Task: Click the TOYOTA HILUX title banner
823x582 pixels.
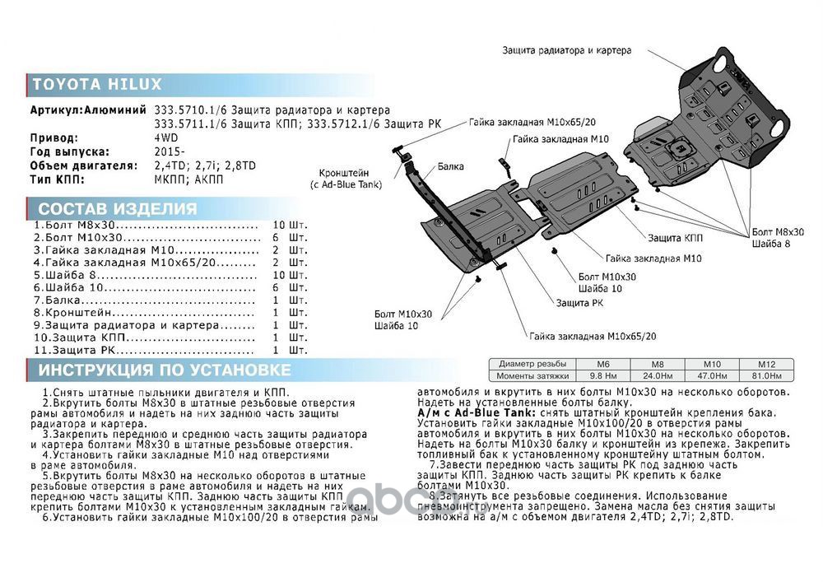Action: click(97, 84)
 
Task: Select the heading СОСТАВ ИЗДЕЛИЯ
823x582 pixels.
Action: click(118, 209)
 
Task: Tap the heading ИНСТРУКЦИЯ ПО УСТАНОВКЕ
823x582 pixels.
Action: click(165, 370)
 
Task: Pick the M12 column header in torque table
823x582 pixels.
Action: click(755, 364)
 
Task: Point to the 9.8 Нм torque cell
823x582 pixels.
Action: click(602, 375)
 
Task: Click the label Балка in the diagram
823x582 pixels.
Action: click(450, 166)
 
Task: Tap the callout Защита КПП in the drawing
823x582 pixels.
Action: click(675, 238)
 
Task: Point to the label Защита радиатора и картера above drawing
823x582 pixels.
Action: click(567, 50)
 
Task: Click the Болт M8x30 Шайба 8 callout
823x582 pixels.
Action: click(778, 238)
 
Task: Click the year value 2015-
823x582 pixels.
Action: click(169, 151)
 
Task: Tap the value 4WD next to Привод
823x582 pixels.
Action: click(165, 138)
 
